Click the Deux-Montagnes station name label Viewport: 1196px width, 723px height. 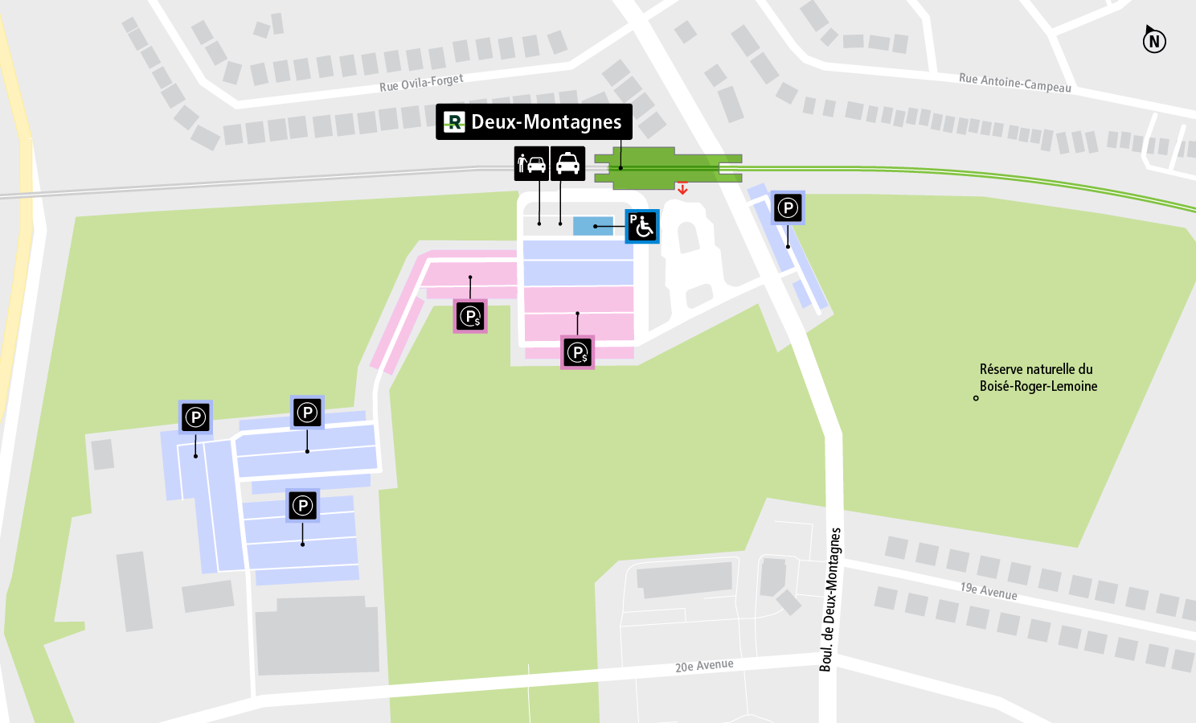[x=546, y=122]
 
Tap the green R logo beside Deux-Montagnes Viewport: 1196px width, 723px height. [x=454, y=122]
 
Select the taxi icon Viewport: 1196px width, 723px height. [x=567, y=163]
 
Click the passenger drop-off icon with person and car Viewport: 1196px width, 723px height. [x=531, y=163]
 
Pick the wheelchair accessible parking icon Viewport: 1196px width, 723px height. [x=642, y=226]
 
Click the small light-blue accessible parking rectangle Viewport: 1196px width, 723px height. [x=592, y=226]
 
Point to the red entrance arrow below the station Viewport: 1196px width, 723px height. [x=682, y=189]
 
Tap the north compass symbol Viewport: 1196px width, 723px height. [x=1154, y=40]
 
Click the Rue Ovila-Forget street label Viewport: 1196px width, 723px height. [x=421, y=83]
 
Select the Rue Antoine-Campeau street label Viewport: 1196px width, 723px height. [x=1014, y=82]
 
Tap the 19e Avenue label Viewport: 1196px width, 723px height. [x=988, y=591]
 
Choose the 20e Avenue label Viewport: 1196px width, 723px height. [x=704, y=666]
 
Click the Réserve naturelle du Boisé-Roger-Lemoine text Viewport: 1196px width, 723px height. [x=1038, y=377]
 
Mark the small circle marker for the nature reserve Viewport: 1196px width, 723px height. [x=976, y=398]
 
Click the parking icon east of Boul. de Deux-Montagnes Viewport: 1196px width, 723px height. [x=788, y=208]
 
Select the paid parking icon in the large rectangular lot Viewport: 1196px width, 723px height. [x=577, y=352]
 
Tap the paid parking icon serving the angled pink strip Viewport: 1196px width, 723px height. [x=470, y=316]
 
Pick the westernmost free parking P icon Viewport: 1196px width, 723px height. [x=195, y=417]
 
